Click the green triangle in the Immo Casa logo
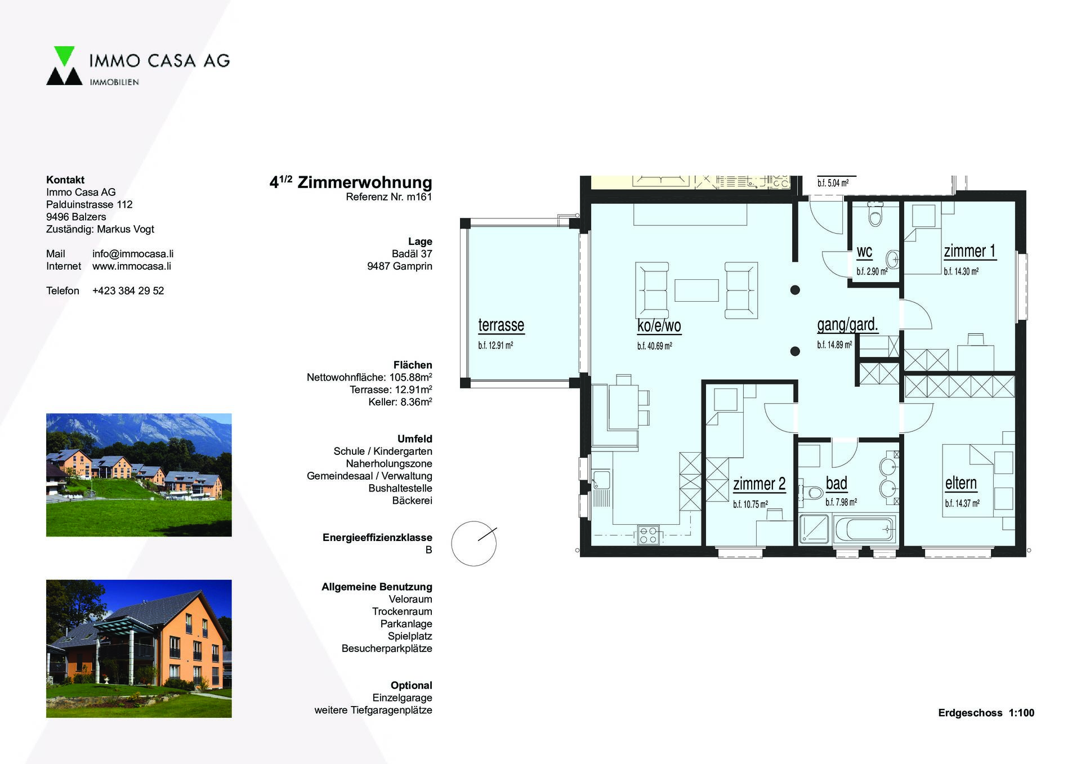[64, 55]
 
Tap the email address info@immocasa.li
[133, 254]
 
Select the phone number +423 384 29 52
[128, 291]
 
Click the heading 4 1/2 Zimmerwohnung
[351, 182]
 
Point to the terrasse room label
[501, 325]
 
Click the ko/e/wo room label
[659, 326]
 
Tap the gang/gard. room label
[847, 325]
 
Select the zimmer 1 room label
[970, 251]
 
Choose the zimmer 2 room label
[759, 484]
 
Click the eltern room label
[961, 483]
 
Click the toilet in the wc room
[875, 215]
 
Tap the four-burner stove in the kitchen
[649, 535]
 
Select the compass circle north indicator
[474, 543]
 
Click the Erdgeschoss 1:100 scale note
[986, 713]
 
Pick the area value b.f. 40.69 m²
[654, 346]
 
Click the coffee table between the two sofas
[696, 290]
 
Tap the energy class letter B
[428, 550]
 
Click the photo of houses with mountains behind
[139, 475]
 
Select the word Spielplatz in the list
[410, 636]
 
